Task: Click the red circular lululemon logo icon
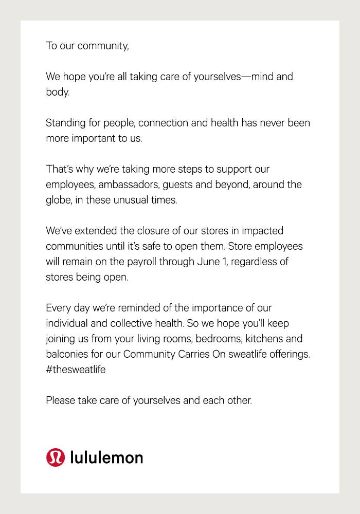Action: [56, 457]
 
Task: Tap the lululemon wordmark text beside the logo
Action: [106, 457]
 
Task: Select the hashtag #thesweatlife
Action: [76, 370]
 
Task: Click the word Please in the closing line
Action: [61, 400]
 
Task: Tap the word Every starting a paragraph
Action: [59, 308]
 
